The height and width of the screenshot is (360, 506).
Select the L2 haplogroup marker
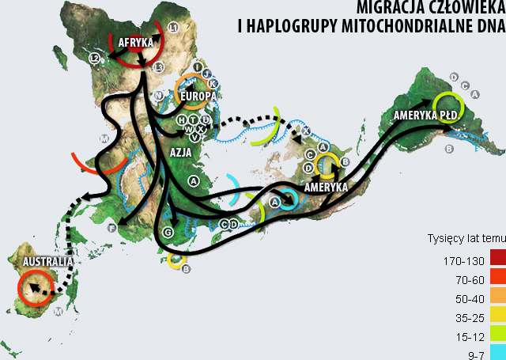pos(94,58)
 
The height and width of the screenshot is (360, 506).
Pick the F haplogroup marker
pos(112,229)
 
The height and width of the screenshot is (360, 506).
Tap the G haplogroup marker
pos(168,232)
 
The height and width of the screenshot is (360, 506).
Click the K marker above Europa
pos(213,84)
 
